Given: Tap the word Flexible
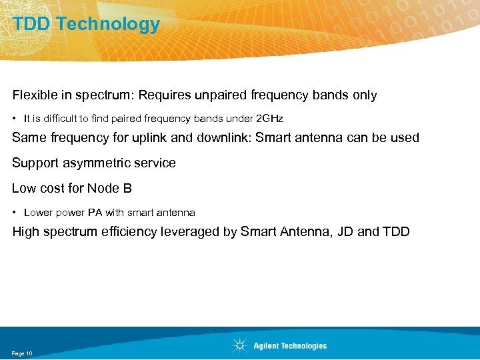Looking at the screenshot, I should tap(33, 95).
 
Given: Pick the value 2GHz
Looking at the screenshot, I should tap(269, 119).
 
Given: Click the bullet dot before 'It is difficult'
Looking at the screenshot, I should tap(15, 119).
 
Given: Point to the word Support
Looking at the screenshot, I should tap(33, 163).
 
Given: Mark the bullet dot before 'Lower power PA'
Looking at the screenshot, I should tap(15, 213).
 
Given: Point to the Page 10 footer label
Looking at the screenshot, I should tap(21, 353).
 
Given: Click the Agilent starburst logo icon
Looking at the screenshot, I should tap(239, 345).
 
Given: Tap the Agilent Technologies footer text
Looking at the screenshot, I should tap(290, 346).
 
